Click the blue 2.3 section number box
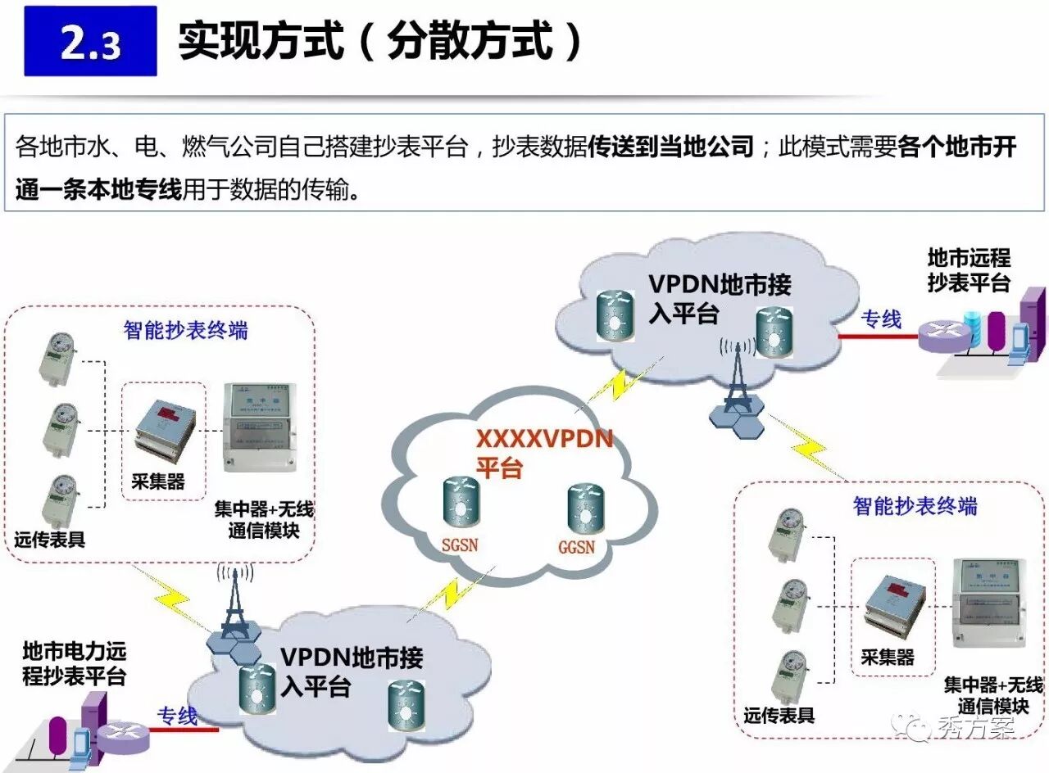coord(90,41)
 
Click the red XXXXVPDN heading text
coord(545,439)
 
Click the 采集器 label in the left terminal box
coord(158,481)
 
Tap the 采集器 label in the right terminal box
coord(888,658)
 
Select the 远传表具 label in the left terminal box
coord(49,540)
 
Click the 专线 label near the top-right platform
coord(881,319)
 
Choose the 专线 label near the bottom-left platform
coord(177,715)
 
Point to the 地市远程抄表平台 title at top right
coord(969,270)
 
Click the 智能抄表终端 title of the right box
coord(915,506)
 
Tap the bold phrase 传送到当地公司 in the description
coord(670,147)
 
